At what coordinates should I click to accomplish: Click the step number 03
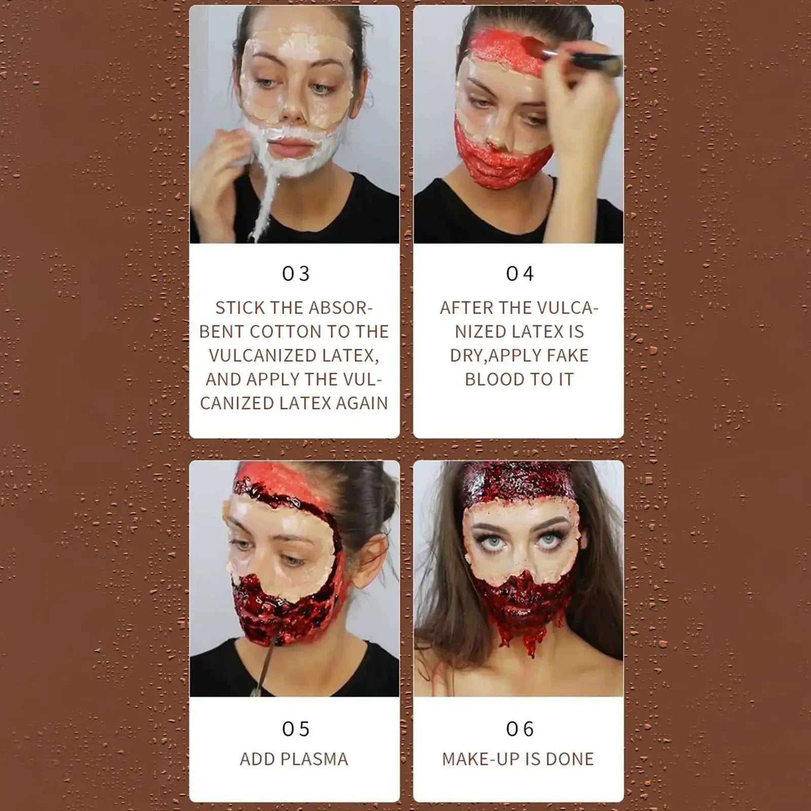click(x=296, y=274)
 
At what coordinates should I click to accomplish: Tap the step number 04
click(x=520, y=274)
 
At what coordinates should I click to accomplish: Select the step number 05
click(x=296, y=729)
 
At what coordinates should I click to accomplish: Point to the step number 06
click(x=520, y=729)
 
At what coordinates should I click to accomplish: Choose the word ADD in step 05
click(x=257, y=759)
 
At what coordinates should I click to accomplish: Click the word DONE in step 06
click(x=569, y=759)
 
